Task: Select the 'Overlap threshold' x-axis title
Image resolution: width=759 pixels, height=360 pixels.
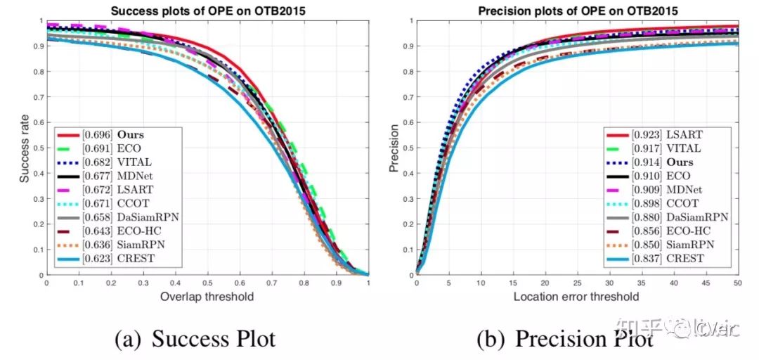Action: click(x=207, y=296)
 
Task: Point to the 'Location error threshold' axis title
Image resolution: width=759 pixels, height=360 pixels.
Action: click(x=577, y=296)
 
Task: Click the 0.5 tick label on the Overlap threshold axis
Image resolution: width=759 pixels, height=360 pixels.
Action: click(x=207, y=283)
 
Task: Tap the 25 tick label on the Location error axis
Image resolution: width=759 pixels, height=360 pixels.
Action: click(x=577, y=283)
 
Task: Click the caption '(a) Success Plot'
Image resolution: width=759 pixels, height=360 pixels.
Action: click(x=195, y=339)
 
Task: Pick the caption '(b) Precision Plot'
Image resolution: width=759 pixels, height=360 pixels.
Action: click(x=565, y=339)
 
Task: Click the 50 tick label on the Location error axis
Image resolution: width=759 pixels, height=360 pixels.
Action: click(x=737, y=283)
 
